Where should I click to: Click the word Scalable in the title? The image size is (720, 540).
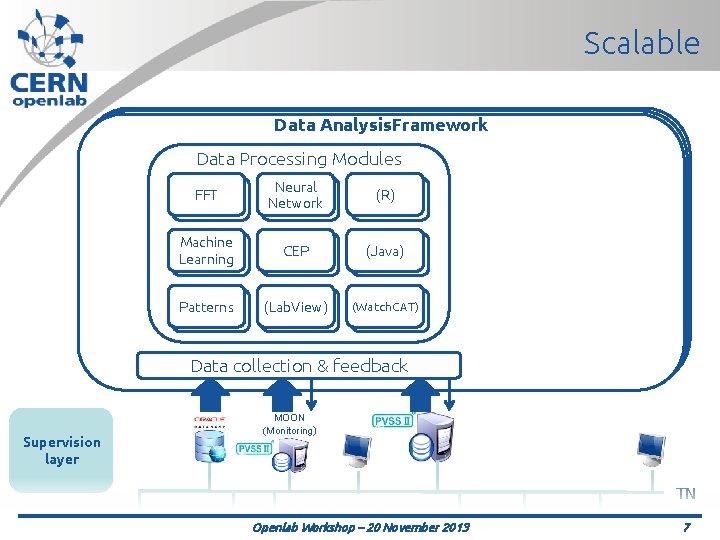[x=641, y=43]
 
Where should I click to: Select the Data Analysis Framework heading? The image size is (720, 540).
[x=381, y=125]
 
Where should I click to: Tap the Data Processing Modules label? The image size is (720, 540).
[x=299, y=159]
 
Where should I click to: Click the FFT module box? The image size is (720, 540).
[x=206, y=196]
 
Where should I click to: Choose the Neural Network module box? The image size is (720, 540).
[x=295, y=195]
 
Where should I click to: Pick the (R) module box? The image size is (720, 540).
[x=385, y=196]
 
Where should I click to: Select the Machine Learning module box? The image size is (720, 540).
[x=206, y=251]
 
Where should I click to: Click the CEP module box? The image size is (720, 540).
[x=296, y=251]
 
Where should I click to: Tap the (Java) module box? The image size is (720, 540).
[x=385, y=251]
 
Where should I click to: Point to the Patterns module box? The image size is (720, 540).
[x=206, y=307]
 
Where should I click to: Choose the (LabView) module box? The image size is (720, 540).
[x=295, y=307]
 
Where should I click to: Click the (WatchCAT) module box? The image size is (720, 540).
[x=385, y=307]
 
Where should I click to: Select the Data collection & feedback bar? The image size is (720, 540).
[x=299, y=366]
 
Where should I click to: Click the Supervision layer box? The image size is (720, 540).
[x=61, y=451]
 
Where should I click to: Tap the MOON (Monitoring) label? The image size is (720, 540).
[x=289, y=424]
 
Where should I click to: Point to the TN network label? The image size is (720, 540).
[x=686, y=493]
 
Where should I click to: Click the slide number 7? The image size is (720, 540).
[x=686, y=527]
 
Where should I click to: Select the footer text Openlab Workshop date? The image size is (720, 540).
[x=360, y=527]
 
